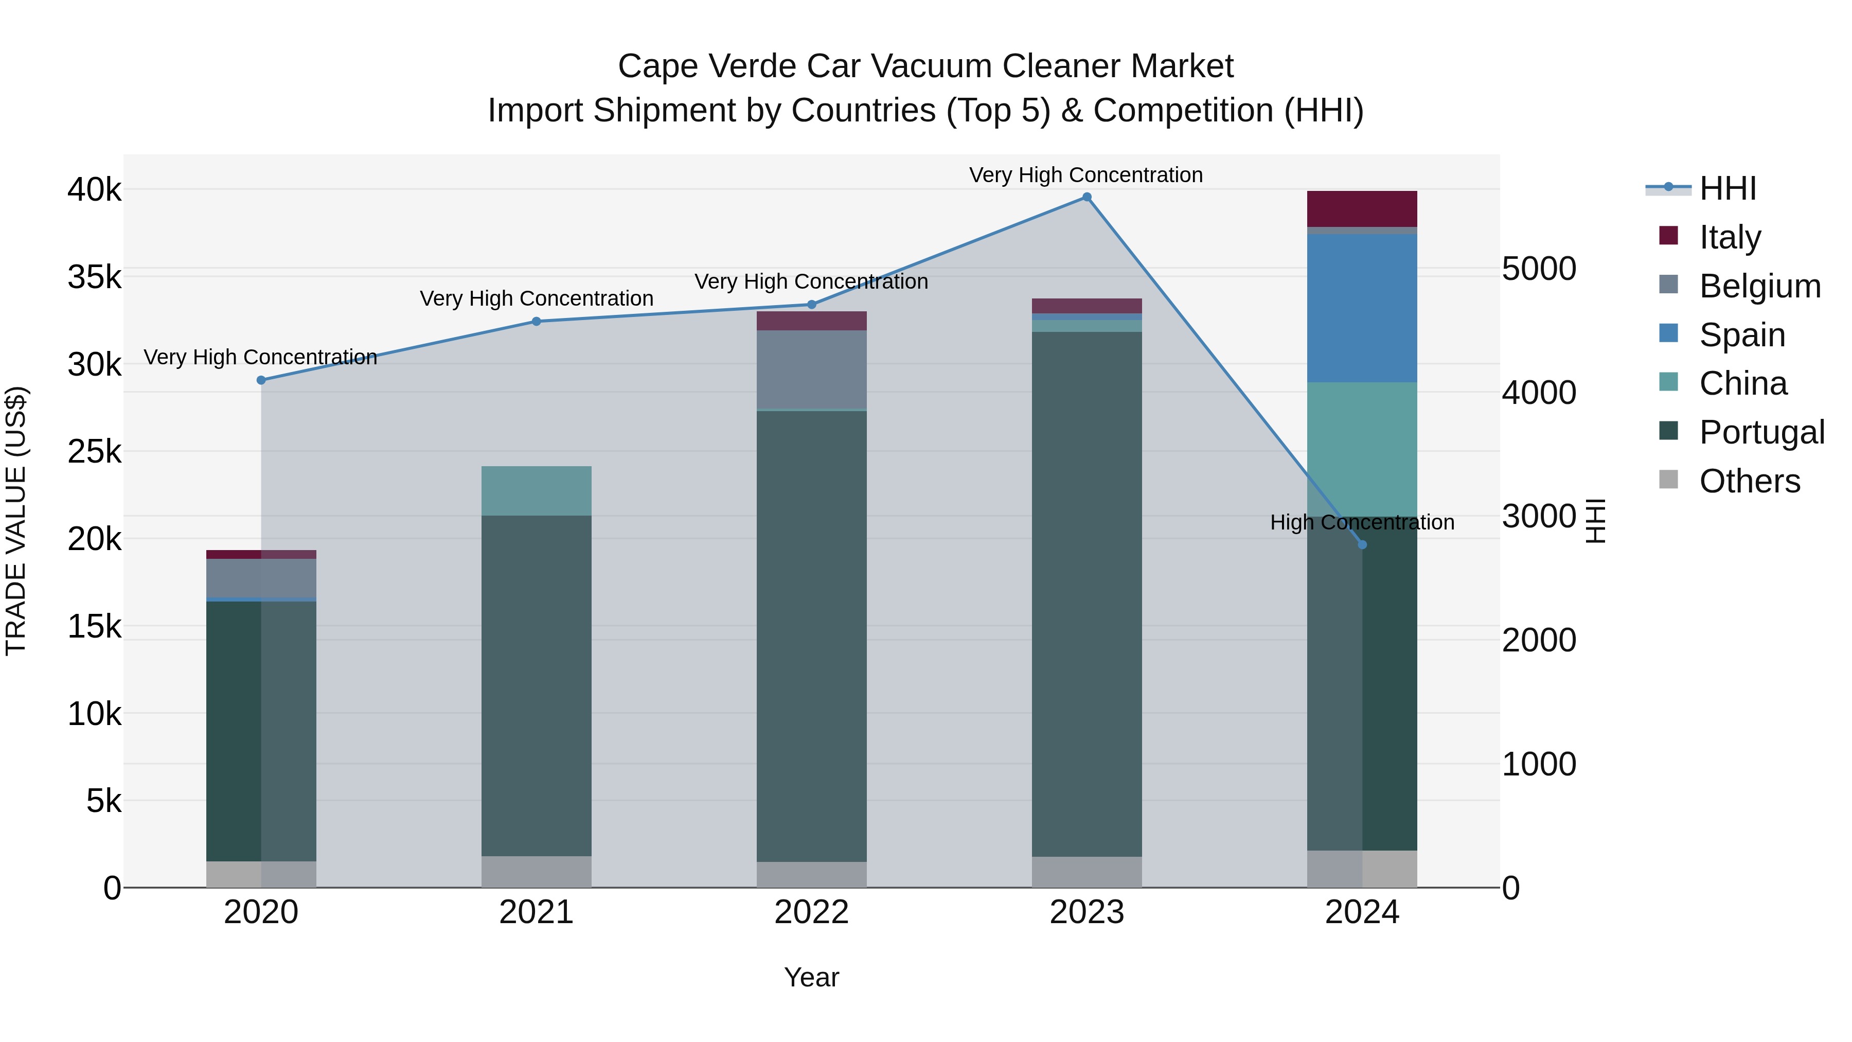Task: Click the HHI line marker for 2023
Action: pyautogui.click(x=1087, y=197)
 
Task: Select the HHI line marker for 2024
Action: pyautogui.click(x=1362, y=544)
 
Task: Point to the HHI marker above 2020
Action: pyautogui.click(x=261, y=380)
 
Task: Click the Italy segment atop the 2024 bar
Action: pyautogui.click(x=1362, y=208)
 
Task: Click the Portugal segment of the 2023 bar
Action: pyautogui.click(x=1087, y=593)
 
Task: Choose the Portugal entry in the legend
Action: pyautogui.click(x=1761, y=432)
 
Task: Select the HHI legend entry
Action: pyautogui.click(x=1727, y=188)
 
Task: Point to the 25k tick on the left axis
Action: pyautogui.click(x=94, y=452)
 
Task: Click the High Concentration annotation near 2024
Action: pyautogui.click(x=1362, y=522)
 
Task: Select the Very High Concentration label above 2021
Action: pyautogui.click(x=537, y=298)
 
